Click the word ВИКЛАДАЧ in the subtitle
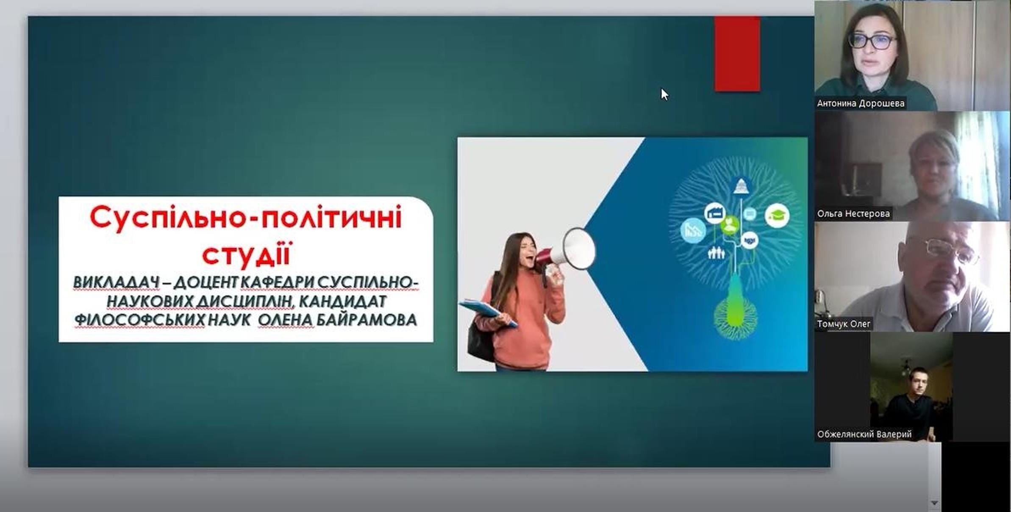(117, 282)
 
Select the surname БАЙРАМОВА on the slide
(367, 320)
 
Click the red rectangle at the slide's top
(737, 54)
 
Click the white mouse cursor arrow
(664, 94)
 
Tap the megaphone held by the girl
(565, 252)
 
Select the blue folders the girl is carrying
(488, 312)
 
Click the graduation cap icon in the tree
(777, 216)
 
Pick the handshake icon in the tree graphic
(750, 240)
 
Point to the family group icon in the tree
(716, 253)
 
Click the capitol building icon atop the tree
(741, 185)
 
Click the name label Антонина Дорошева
(861, 103)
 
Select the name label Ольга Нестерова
(853, 214)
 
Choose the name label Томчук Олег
(844, 324)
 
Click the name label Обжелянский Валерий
(864, 435)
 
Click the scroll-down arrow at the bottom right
(934, 503)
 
